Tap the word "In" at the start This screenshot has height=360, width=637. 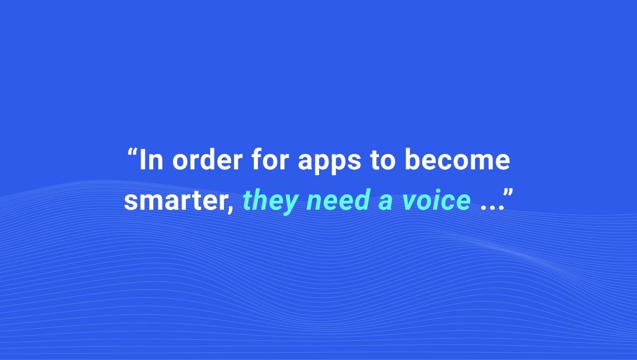(x=152, y=160)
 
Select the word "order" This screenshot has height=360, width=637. (x=208, y=159)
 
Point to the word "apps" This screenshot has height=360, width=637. (x=329, y=162)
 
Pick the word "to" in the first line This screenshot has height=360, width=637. (x=383, y=160)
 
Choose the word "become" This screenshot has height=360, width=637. (x=457, y=159)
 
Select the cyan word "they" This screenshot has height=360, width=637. (x=270, y=201)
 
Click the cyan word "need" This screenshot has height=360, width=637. (x=338, y=200)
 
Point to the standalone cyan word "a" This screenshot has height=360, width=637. (x=385, y=202)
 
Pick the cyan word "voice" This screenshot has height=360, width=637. (x=436, y=200)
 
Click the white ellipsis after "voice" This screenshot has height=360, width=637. (x=492, y=208)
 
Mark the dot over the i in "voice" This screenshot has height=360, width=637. (x=438, y=191)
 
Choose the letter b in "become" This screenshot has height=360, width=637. (x=414, y=159)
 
